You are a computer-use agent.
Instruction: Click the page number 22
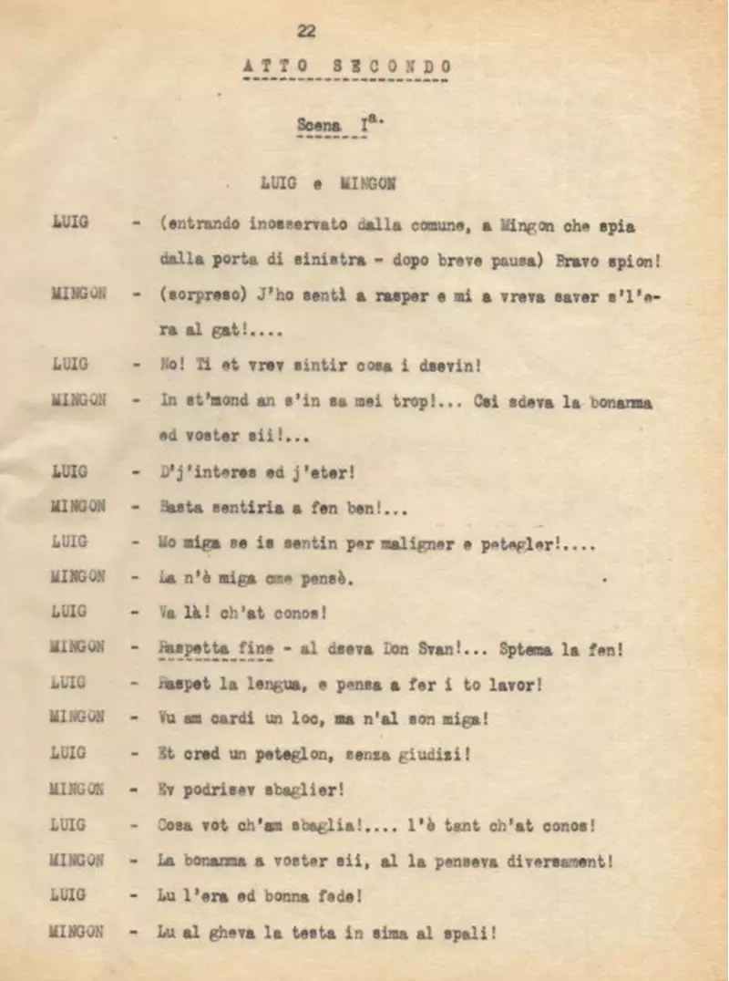tap(306, 30)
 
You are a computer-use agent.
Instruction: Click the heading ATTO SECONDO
tap(347, 67)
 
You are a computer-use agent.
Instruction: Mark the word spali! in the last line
tap(466, 931)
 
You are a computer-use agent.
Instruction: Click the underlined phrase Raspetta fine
tap(216, 648)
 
